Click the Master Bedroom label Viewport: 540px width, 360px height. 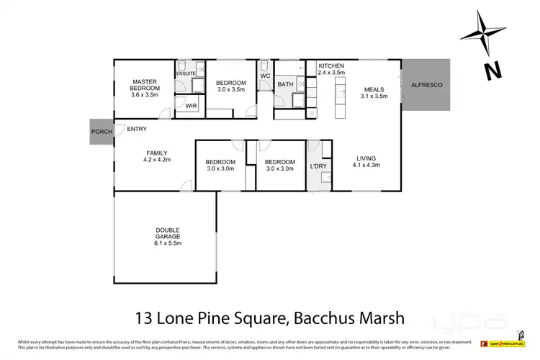coord(144,88)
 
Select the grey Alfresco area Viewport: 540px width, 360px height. coord(426,85)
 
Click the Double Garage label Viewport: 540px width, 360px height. coord(168,237)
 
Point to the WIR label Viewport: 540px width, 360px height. coord(191,107)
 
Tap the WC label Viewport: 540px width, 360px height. coord(264,76)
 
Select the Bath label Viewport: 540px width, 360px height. coord(285,84)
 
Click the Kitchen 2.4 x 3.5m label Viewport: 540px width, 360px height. coord(332,69)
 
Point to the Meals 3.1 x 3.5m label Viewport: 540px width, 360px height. coord(374,91)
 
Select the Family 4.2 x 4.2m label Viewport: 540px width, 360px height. coord(157,157)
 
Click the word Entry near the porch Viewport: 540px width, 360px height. coord(137,130)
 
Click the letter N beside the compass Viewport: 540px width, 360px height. coord(492,70)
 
